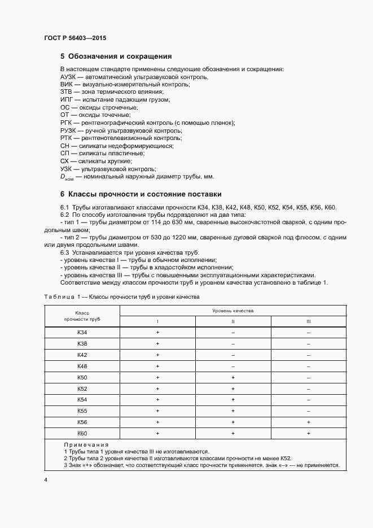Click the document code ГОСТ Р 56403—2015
(74, 38)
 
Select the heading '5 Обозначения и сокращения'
(116, 56)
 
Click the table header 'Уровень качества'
(232, 311)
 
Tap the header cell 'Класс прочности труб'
(82, 316)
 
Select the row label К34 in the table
(82, 333)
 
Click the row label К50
(82, 377)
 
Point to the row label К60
(82, 433)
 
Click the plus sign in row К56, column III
(309, 422)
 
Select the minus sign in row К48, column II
(232, 366)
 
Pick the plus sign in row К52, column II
(232, 389)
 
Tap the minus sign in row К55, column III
(309, 411)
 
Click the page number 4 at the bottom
(46, 480)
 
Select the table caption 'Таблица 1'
(59, 296)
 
